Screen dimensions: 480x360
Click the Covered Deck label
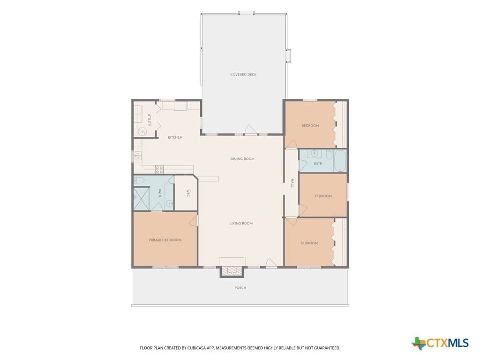[x=243, y=75]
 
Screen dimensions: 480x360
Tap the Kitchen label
[x=175, y=137]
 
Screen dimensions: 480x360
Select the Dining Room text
[x=242, y=159]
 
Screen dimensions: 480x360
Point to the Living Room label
[x=241, y=224]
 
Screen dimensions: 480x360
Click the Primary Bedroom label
[x=165, y=240]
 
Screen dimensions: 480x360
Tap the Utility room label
[x=150, y=120]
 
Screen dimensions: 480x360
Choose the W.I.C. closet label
[x=188, y=193]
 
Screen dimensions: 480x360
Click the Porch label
[x=240, y=288]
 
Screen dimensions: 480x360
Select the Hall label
[x=292, y=183]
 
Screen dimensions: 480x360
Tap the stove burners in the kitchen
[x=159, y=170]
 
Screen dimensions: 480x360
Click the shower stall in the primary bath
[x=142, y=199]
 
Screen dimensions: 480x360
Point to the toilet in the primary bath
[x=139, y=180]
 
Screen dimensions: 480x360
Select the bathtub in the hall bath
[x=340, y=161]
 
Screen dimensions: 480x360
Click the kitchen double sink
[x=138, y=156]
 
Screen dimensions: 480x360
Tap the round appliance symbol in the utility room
[x=142, y=132]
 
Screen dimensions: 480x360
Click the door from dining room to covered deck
[x=251, y=130]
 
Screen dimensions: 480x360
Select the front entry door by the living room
[x=271, y=263]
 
